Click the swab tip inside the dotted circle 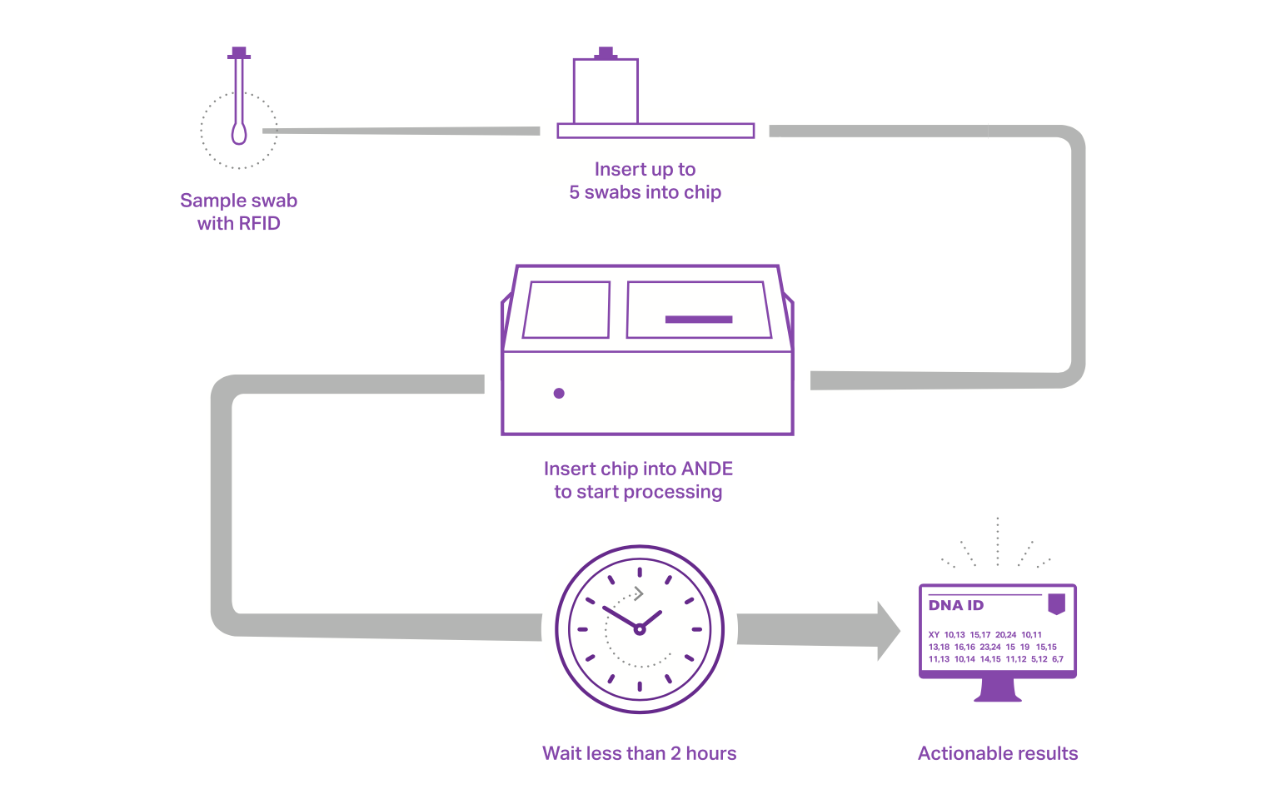(239, 133)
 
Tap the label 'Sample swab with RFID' (239, 212)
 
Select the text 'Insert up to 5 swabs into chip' (645, 181)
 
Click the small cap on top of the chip (606, 53)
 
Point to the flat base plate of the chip (655, 131)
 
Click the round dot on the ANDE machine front (559, 394)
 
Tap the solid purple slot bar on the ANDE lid (699, 320)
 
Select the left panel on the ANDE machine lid (567, 310)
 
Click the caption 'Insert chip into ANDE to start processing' (639, 480)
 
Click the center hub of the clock (640, 629)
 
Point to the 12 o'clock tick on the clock (640, 572)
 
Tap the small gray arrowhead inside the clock (639, 593)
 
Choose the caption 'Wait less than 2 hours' (640, 754)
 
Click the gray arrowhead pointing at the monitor (888, 632)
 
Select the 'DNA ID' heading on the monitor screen (956, 606)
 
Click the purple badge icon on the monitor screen (1057, 603)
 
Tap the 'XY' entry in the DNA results (934, 635)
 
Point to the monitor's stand (998, 690)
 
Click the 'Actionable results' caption (998, 754)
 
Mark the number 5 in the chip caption (575, 193)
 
